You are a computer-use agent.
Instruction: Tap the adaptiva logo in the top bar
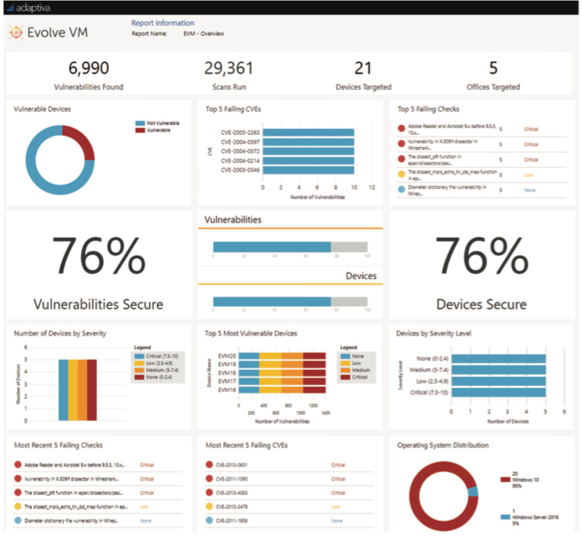[31, 7]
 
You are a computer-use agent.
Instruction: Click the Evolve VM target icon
[16, 33]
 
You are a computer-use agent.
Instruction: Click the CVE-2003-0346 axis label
[240, 169]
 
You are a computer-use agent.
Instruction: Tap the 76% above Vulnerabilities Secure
[98, 256]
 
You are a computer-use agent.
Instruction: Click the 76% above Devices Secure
[481, 256]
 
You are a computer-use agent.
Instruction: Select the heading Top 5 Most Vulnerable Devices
[251, 333]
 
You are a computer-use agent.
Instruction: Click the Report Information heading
[162, 23]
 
